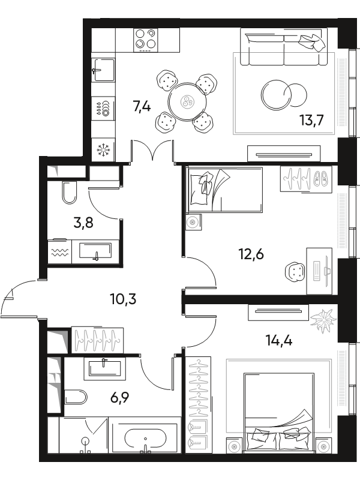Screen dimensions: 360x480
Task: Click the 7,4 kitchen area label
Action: (x=142, y=107)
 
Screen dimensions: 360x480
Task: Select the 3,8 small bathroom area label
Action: (x=83, y=223)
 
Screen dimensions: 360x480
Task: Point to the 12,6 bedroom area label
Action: (x=251, y=254)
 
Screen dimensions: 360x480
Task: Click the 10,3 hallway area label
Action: (x=123, y=299)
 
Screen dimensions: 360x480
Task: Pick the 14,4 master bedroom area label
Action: (x=279, y=340)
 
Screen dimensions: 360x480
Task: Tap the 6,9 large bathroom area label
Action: (x=119, y=398)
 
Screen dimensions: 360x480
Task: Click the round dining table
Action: (x=187, y=102)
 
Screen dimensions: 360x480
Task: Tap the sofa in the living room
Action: (x=283, y=47)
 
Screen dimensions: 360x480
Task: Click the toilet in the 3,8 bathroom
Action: (x=69, y=193)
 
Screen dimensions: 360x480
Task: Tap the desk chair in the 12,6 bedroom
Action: (x=295, y=271)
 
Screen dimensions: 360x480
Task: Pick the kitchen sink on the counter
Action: (x=104, y=70)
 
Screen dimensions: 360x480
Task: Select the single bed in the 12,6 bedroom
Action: (x=224, y=190)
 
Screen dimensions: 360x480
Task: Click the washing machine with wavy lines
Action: (x=59, y=252)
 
